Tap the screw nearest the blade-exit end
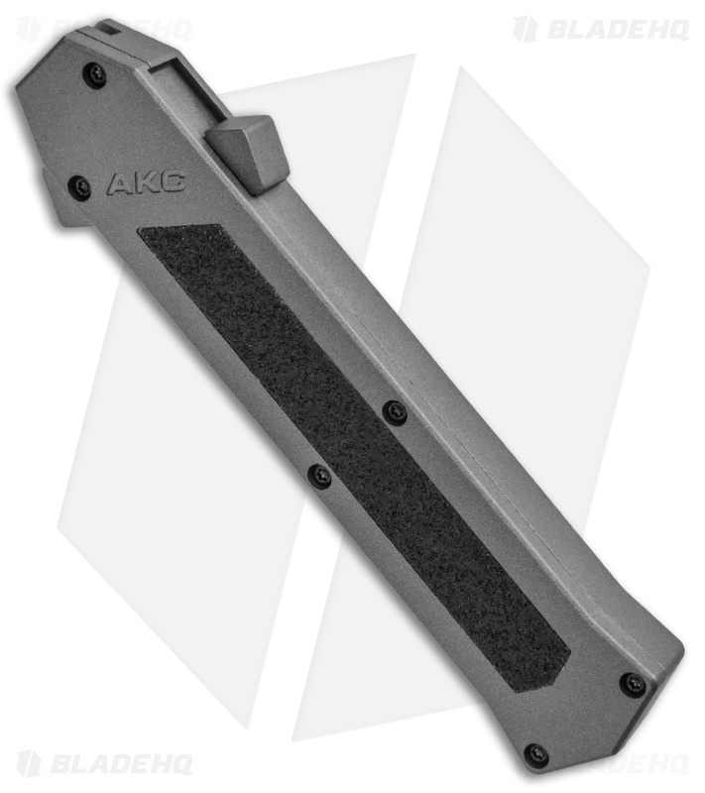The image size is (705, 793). click(x=94, y=74)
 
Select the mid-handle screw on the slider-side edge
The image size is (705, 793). click(x=395, y=410)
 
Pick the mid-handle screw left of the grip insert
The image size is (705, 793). click(x=318, y=476)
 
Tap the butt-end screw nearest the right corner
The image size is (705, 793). click(x=631, y=683)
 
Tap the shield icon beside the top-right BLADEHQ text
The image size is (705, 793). click(x=526, y=29)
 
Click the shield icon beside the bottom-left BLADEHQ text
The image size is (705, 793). click(x=30, y=762)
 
